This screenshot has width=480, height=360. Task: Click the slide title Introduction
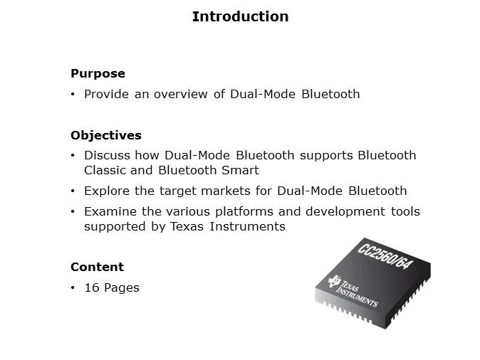(240, 16)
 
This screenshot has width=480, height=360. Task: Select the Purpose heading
(98, 74)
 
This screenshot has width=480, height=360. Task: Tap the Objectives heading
(106, 135)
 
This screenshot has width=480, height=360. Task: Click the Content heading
(97, 267)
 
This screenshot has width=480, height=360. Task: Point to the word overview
(181, 94)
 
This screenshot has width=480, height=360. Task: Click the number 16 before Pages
(92, 288)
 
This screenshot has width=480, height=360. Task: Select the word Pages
(122, 288)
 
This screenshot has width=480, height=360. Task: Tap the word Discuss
(107, 155)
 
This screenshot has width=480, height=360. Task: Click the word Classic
(105, 170)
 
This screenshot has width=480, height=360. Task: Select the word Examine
(110, 211)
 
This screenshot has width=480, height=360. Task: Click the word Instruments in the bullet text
(248, 227)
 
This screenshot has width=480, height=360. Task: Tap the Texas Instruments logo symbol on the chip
(334, 281)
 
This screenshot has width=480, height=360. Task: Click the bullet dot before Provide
(73, 94)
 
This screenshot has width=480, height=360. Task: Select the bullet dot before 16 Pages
(73, 288)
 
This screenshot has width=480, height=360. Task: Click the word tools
(406, 211)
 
